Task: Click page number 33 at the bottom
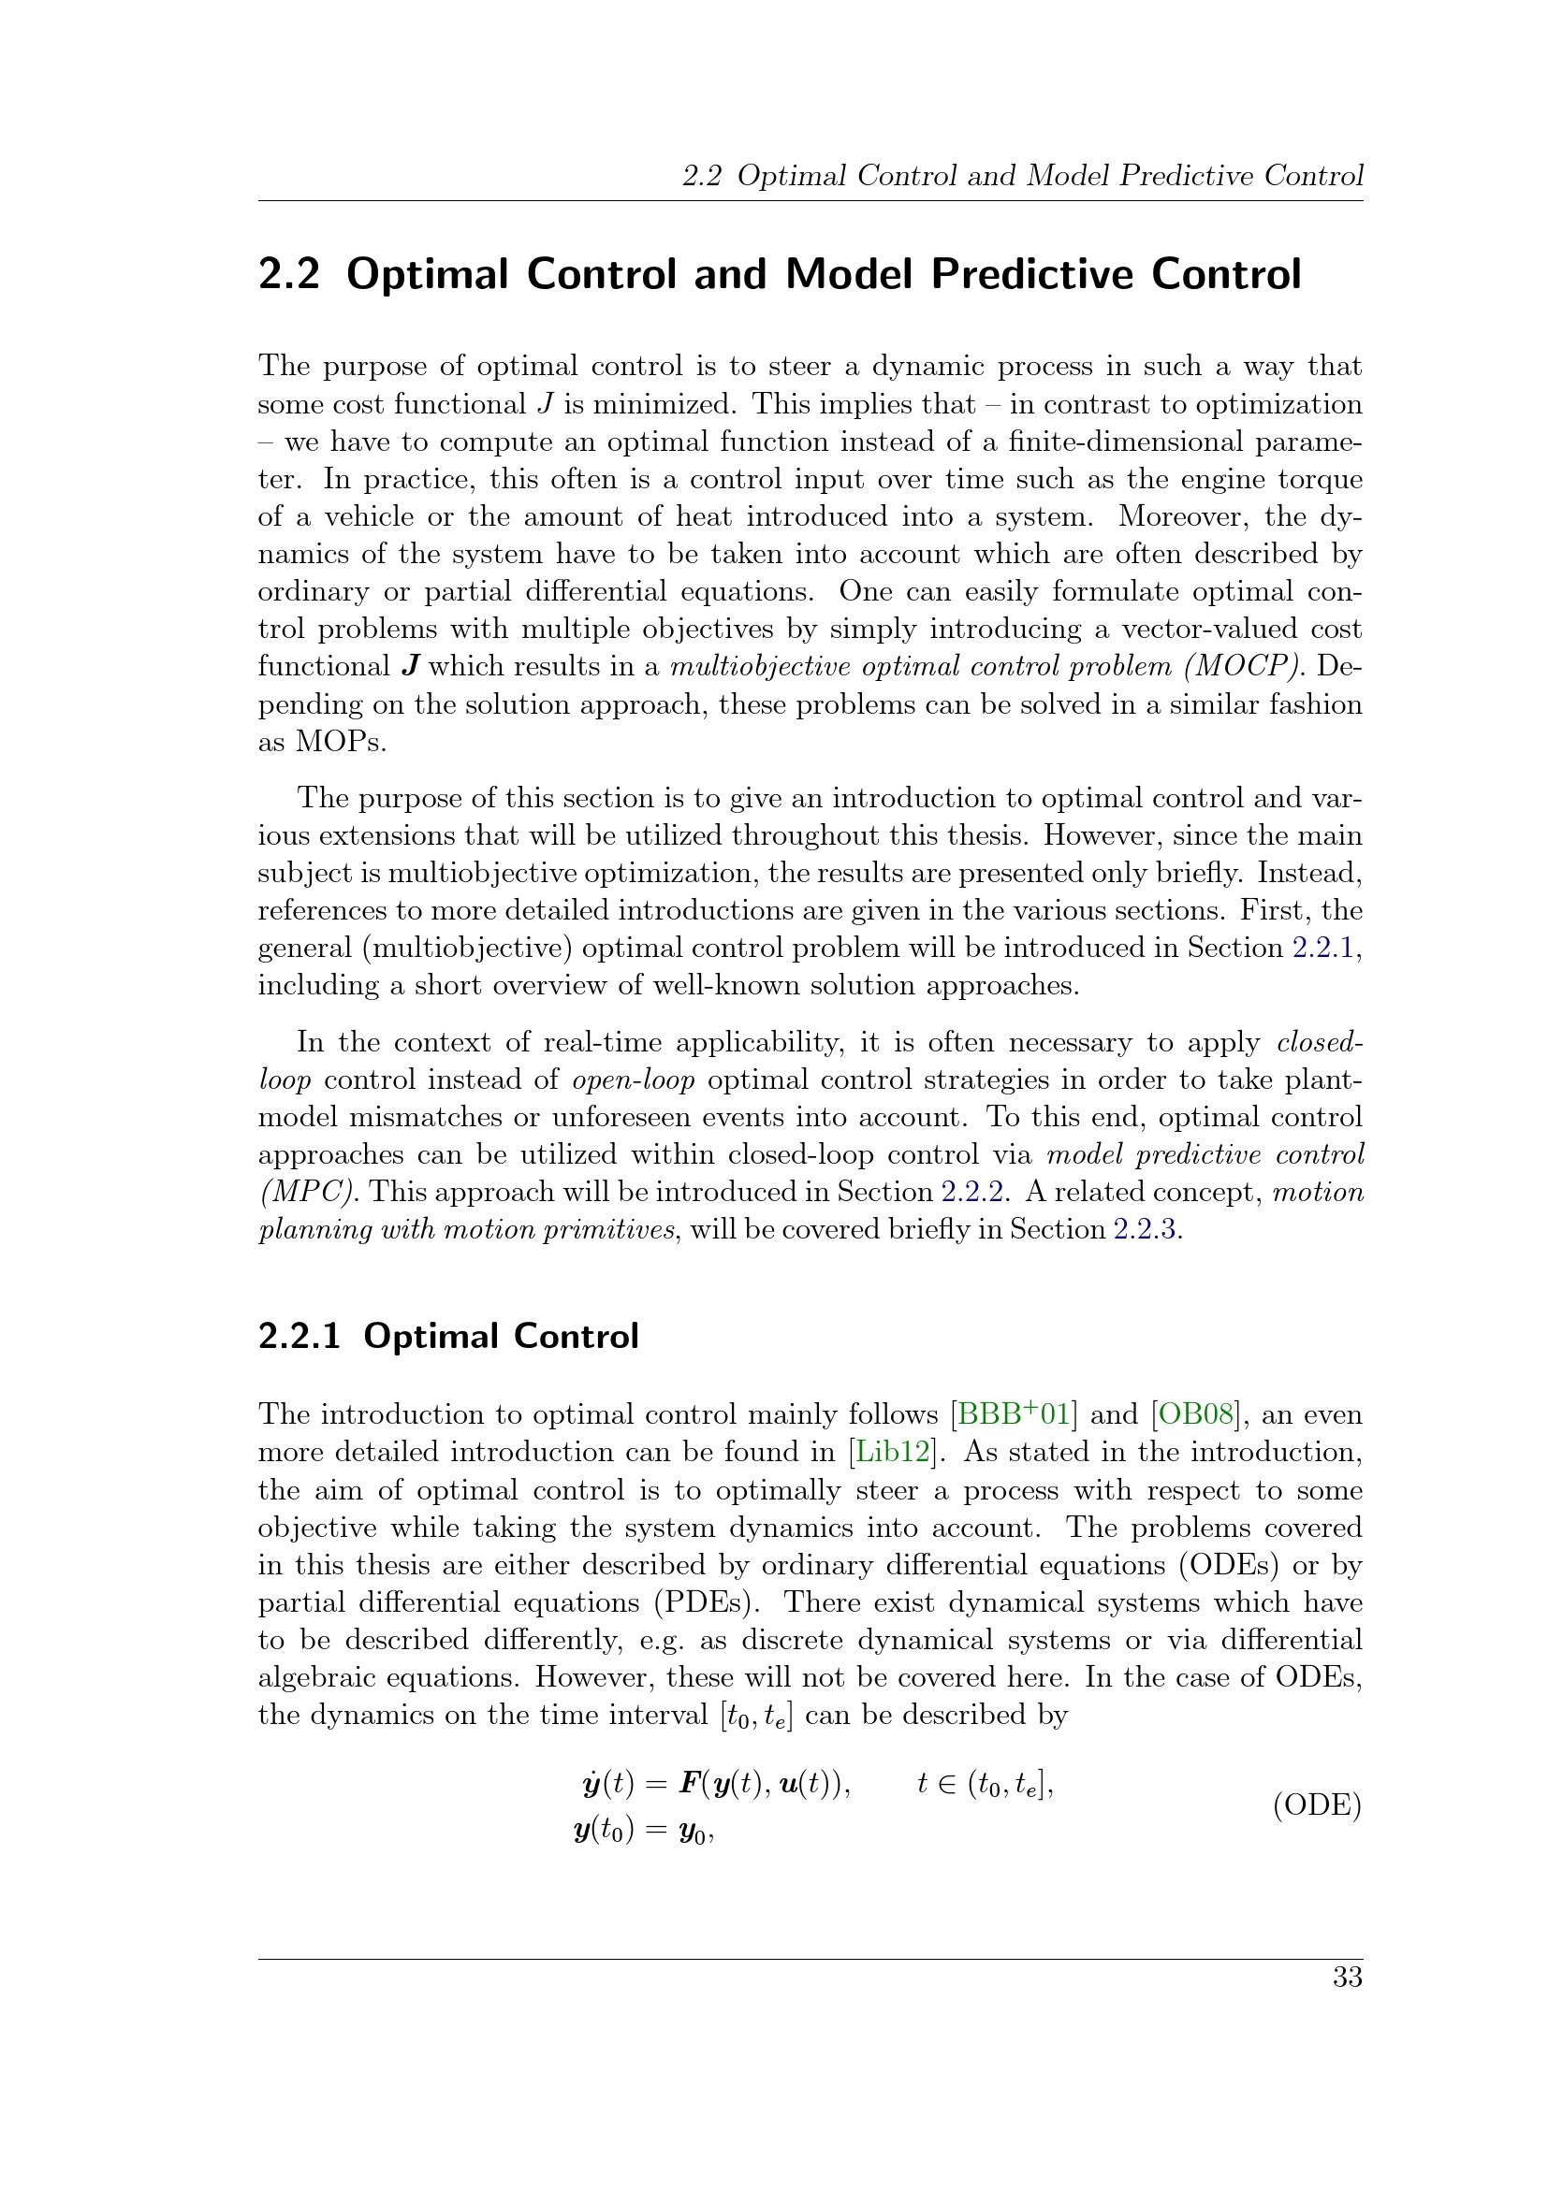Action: point(1347,1978)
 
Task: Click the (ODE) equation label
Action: point(1318,1804)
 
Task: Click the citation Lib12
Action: point(892,1453)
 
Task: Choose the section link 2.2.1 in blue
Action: point(1323,949)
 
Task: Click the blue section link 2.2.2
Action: point(972,1192)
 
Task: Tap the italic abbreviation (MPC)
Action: point(309,1192)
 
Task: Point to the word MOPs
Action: point(341,742)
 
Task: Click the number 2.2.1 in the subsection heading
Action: point(299,1336)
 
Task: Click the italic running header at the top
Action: point(1022,175)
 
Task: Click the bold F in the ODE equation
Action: point(688,1783)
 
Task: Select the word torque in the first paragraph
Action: point(1322,479)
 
